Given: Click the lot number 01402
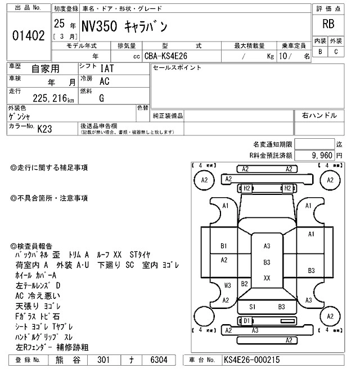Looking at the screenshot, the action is tap(28, 35).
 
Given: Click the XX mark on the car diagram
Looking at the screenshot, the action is tap(267, 278).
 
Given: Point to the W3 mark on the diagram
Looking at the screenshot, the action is tap(228, 285).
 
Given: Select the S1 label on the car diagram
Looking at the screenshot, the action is tap(253, 307).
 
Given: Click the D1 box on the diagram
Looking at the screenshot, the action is tap(246, 321).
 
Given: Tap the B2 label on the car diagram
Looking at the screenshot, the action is tap(245, 284).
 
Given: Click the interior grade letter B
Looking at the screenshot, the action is tap(321, 52).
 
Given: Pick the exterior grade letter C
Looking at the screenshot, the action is tap(336, 52).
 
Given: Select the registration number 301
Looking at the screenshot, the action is tap(103, 360).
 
